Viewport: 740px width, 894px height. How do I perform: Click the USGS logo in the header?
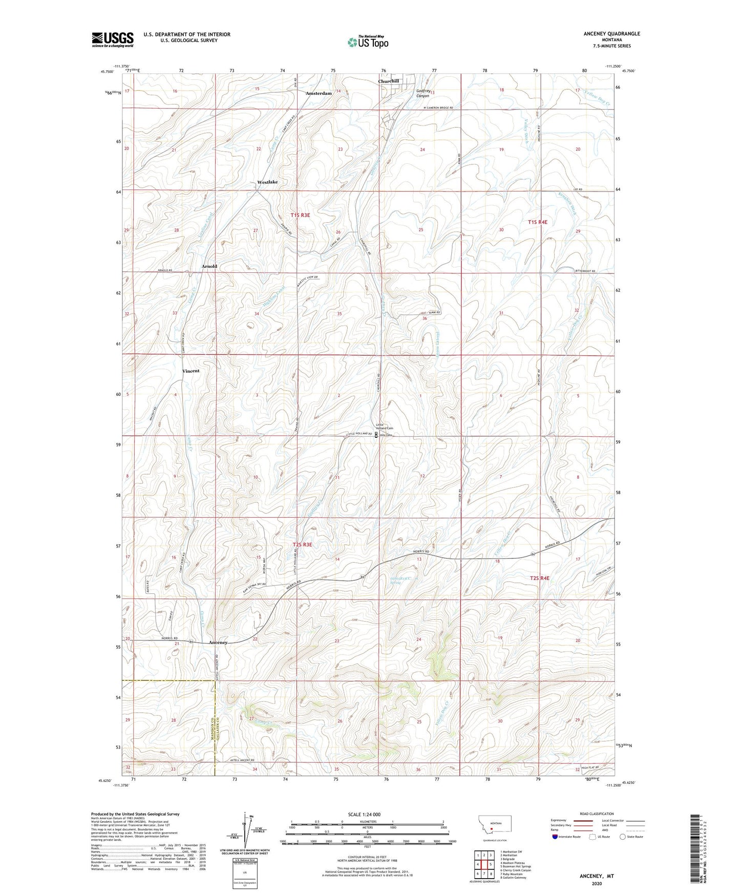click(x=113, y=39)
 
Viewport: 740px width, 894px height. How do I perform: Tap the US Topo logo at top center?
click(x=367, y=42)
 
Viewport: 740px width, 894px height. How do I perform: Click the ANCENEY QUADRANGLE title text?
click(x=611, y=34)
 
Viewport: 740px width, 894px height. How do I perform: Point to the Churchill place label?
click(x=388, y=81)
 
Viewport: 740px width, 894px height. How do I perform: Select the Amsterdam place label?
click(x=319, y=93)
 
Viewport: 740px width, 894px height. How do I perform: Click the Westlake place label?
click(x=267, y=182)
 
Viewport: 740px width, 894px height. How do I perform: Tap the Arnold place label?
click(x=209, y=266)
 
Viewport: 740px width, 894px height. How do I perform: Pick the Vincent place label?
click(x=191, y=371)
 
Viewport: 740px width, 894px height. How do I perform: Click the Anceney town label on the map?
click(x=218, y=642)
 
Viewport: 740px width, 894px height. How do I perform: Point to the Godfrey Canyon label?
click(x=422, y=93)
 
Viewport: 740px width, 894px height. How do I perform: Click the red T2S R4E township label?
click(x=539, y=578)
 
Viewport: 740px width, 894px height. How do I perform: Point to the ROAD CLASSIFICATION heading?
click(x=597, y=814)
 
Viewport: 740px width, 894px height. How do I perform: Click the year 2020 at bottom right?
click(x=597, y=883)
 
